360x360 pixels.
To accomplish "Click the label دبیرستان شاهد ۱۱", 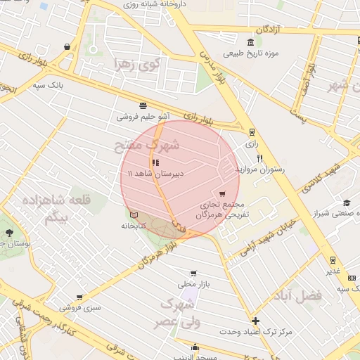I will point(155,173).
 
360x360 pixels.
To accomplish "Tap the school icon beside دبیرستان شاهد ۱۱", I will point(155,162).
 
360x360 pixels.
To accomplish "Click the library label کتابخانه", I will point(134,226).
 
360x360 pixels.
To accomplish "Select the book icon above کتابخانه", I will point(134,214).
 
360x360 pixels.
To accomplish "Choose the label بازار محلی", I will point(194,285).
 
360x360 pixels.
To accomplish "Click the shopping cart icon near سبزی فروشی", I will point(79,297).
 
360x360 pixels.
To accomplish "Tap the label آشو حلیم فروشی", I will point(143,117).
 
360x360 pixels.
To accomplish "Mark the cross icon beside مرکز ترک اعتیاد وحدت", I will point(255,321).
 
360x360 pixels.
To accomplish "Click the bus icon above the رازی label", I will point(252,131).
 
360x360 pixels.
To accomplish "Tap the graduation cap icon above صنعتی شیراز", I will point(345,202).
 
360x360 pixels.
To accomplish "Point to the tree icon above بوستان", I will point(8,232).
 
